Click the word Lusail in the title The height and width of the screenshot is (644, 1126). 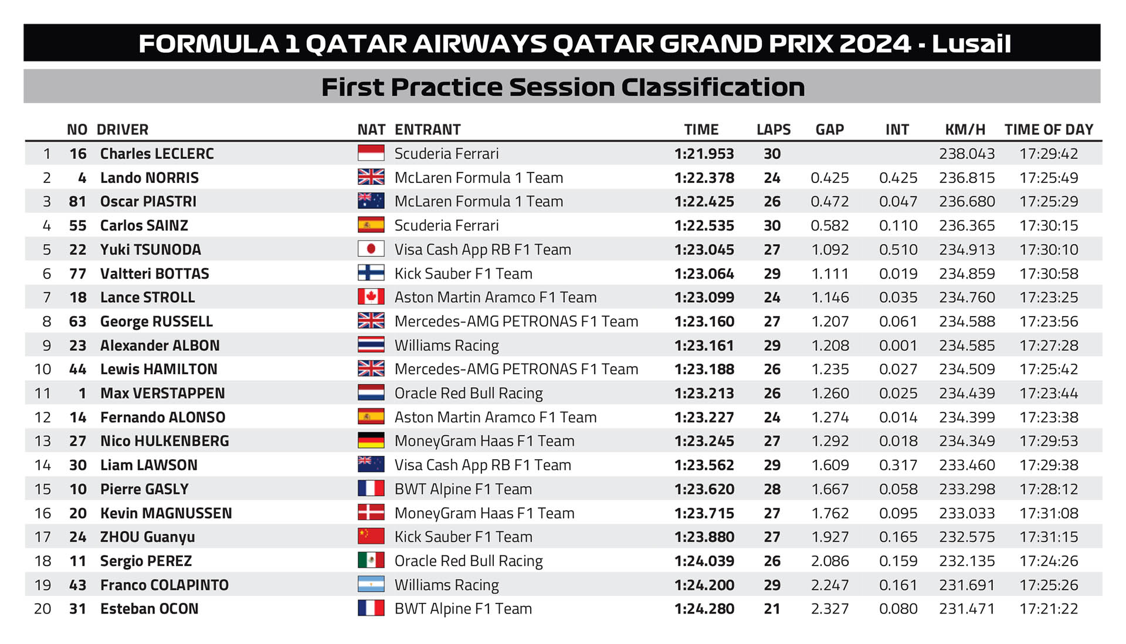(971, 44)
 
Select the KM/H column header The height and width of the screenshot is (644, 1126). (965, 130)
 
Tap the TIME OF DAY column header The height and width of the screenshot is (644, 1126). (1049, 130)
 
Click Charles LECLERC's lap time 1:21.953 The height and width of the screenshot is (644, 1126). (704, 154)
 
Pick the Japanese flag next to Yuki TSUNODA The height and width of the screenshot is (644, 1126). (371, 249)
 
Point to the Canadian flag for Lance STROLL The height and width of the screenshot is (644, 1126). (371, 297)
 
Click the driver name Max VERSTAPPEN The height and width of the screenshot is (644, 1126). (162, 393)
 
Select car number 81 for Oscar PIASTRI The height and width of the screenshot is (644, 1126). (77, 202)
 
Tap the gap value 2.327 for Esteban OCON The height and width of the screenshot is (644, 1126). (829, 609)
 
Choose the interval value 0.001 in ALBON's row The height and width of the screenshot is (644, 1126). (897, 345)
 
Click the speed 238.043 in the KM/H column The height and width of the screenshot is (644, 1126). (966, 154)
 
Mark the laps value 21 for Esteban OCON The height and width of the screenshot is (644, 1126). (772, 609)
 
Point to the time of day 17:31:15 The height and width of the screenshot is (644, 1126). (1049, 537)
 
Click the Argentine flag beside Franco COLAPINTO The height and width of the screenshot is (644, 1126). (371, 585)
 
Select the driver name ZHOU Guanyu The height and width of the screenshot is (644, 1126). (147, 537)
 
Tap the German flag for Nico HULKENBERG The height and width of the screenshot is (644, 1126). (371, 441)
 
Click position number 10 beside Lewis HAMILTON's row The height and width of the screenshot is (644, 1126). (43, 370)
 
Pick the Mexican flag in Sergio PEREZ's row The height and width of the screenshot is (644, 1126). (371, 561)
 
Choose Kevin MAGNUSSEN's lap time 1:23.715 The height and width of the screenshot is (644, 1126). (704, 513)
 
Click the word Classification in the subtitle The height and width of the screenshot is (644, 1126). (713, 87)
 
